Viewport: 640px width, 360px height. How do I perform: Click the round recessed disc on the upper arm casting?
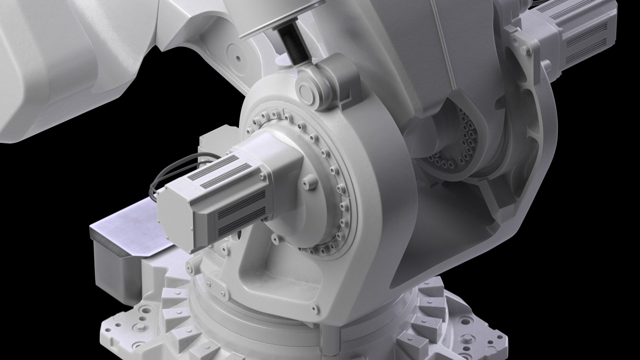coord(238,58)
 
